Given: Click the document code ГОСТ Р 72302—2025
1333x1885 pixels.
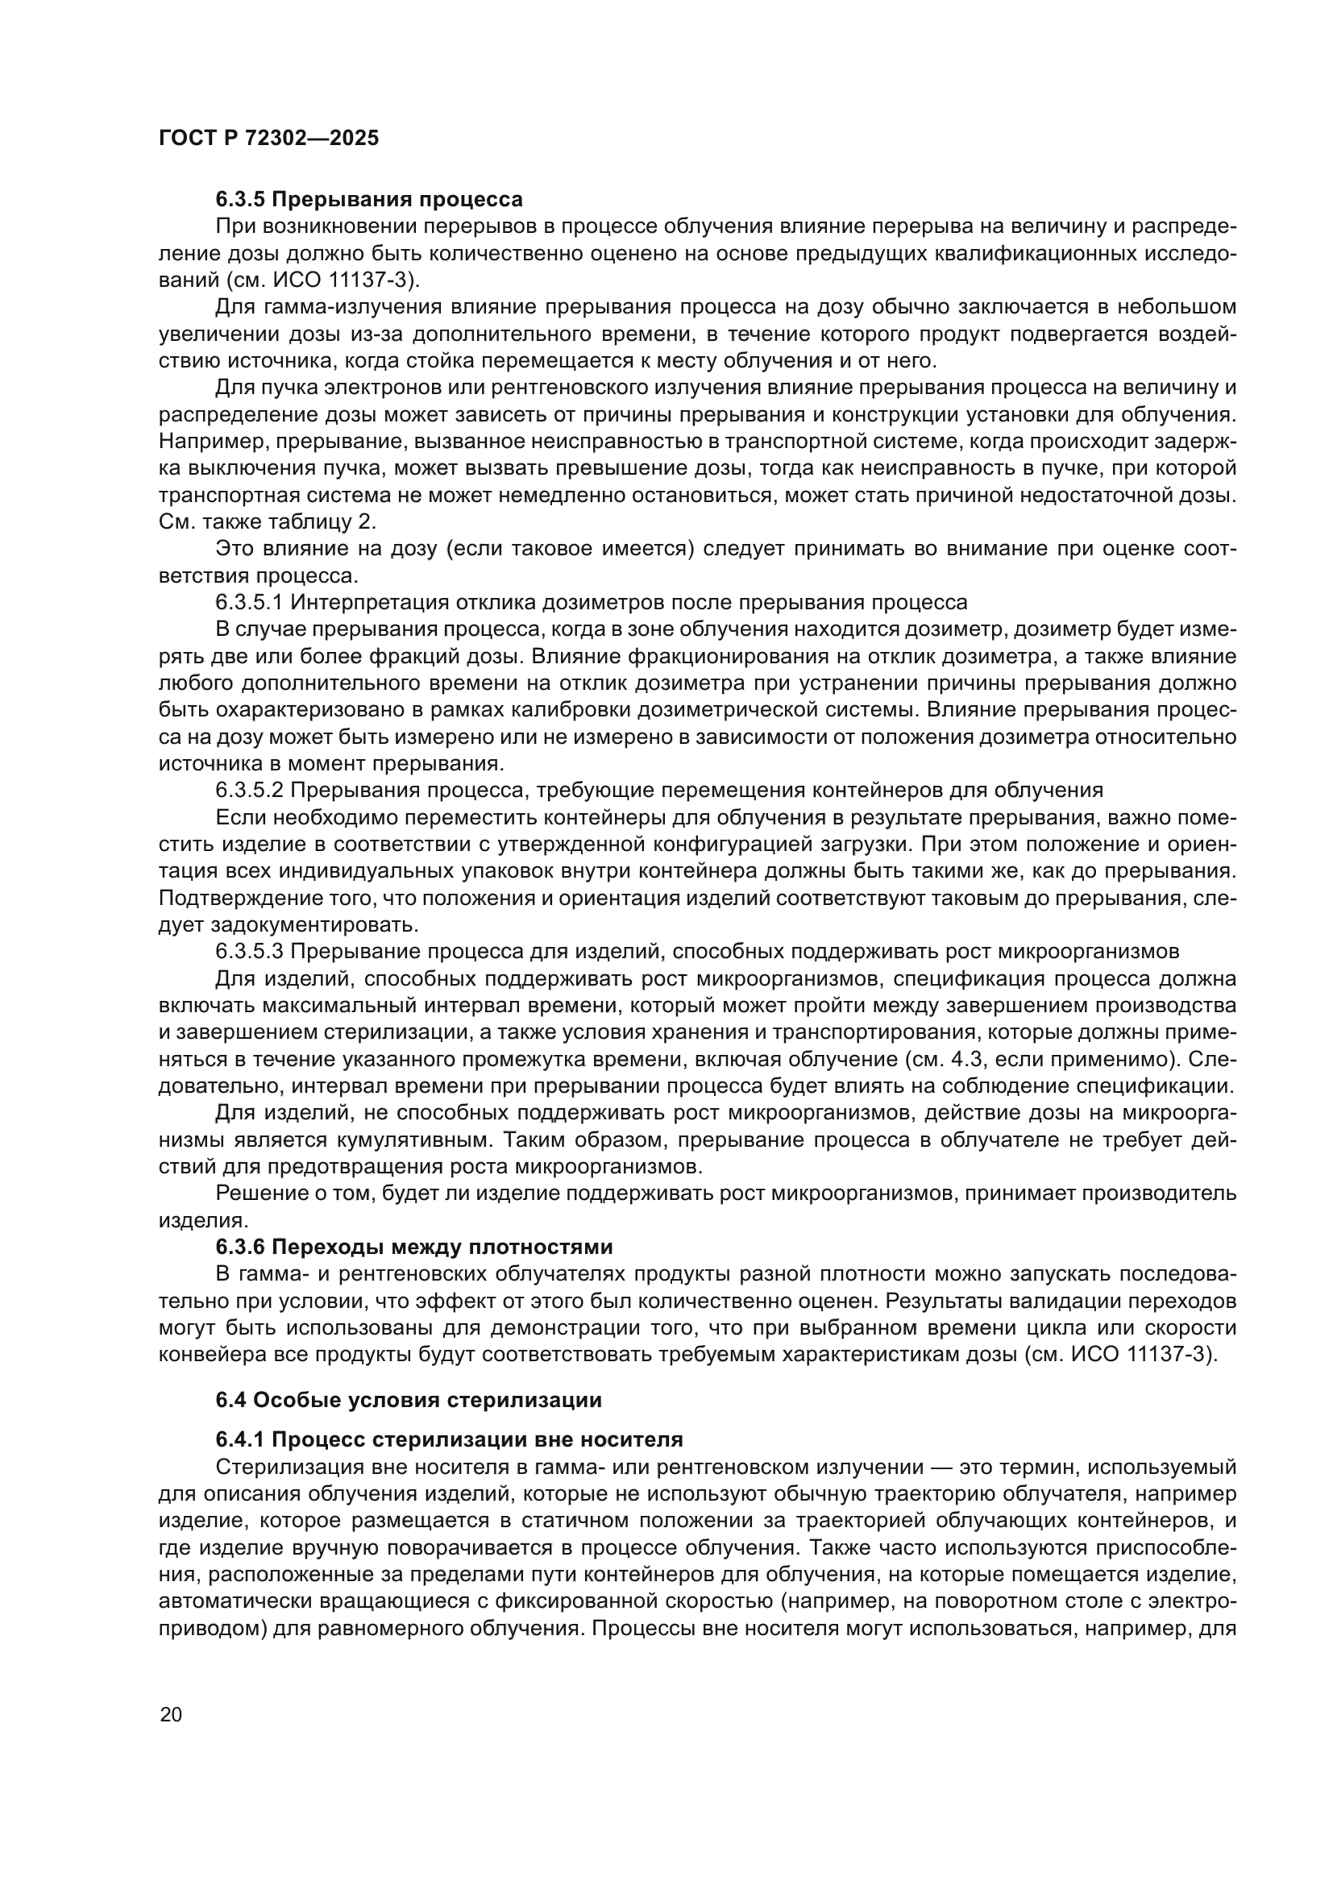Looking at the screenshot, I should point(268,138).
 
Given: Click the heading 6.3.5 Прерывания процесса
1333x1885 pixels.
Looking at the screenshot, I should point(368,200).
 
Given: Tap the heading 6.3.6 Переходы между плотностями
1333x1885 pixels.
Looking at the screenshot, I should point(413,1246).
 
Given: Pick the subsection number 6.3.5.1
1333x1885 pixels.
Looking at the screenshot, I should point(249,602).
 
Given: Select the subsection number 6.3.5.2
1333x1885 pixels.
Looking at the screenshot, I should point(249,790).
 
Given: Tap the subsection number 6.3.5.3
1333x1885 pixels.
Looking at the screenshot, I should point(249,951).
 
